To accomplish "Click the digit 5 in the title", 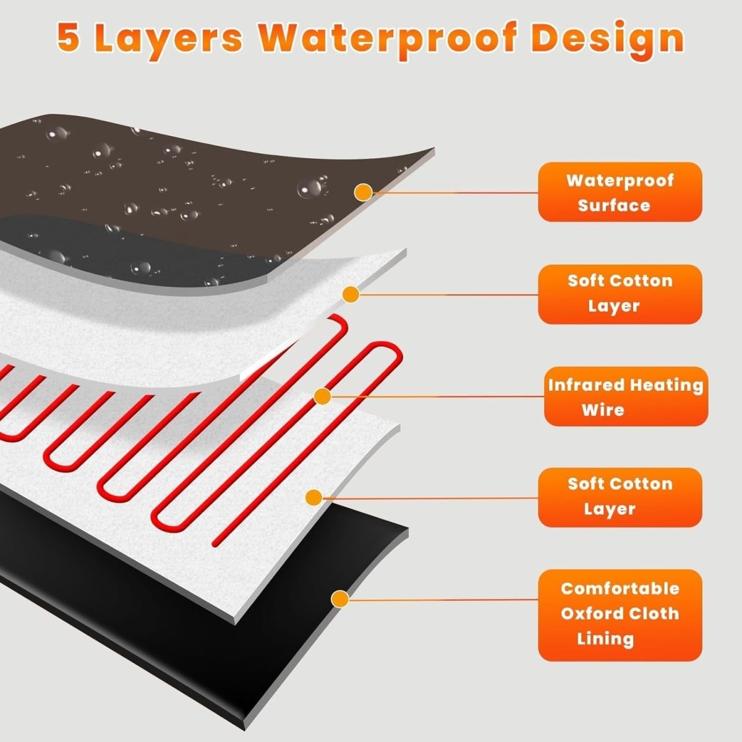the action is (69, 38).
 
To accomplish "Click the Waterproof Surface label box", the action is (620, 192).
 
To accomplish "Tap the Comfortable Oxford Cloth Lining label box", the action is (620, 615).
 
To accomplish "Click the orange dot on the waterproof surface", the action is (363, 192).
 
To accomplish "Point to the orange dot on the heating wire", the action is (323, 396).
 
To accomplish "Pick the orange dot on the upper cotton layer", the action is (351, 294).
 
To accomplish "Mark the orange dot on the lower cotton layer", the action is (314, 498).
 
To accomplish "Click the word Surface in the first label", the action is (614, 205).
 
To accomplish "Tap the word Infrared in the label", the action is (586, 385).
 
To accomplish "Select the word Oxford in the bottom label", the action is (587, 613).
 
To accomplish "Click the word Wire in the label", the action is (603, 410).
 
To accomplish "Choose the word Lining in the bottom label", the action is (605, 639).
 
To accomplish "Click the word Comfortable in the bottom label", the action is (620, 588).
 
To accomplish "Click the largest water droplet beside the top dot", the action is (310, 187).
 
